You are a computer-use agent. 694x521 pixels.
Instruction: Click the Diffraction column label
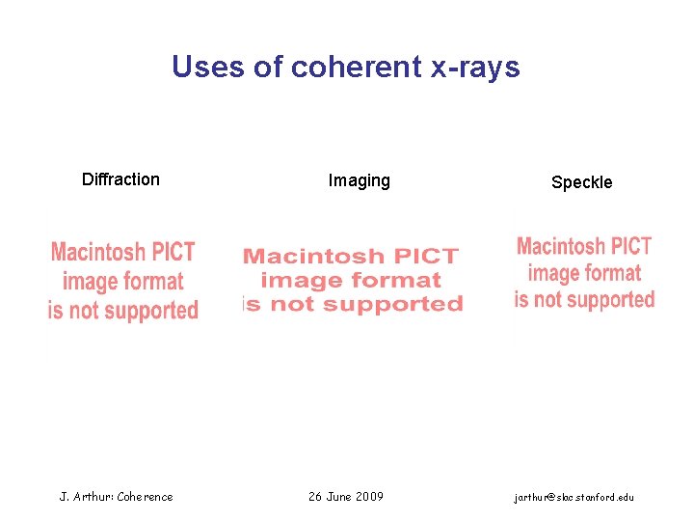[x=120, y=178]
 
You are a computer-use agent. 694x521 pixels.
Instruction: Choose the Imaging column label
[x=359, y=180]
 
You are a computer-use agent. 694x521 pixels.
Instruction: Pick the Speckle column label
[x=581, y=182]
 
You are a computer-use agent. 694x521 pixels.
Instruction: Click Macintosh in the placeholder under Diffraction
[x=96, y=253]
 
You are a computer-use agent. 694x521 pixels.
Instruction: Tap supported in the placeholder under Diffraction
[x=149, y=311]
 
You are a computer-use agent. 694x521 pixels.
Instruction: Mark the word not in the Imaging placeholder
[x=300, y=304]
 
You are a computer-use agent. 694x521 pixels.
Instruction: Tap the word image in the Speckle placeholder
[x=550, y=273]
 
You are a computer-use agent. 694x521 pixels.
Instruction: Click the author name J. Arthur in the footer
[x=86, y=497]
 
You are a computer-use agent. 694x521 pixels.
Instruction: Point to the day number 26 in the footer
[x=315, y=496]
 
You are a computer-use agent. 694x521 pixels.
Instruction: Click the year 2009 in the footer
[x=370, y=496]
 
